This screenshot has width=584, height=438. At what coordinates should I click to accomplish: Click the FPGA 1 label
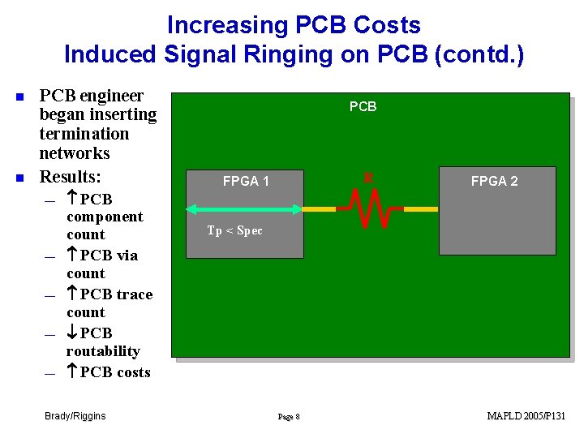click(246, 182)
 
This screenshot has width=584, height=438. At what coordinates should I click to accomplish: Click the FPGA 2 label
click(494, 182)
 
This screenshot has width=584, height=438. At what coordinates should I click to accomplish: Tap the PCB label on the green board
click(363, 106)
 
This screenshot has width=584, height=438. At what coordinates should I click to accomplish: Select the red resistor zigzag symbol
click(370, 208)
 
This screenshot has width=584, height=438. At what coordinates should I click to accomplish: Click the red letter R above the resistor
click(368, 177)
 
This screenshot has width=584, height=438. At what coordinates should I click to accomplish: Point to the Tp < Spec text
click(234, 231)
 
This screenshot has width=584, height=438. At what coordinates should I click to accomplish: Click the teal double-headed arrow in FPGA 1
click(243, 209)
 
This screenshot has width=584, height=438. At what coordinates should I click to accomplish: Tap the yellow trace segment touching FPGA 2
click(420, 209)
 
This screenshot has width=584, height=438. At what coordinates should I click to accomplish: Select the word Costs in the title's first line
click(385, 25)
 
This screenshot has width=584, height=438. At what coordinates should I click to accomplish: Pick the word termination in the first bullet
click(84, 134)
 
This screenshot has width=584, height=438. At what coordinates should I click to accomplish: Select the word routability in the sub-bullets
click(103, 351)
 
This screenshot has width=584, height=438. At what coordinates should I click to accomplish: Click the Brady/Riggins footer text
click(75, 416)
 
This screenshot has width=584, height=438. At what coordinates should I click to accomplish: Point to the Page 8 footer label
click(289, 417)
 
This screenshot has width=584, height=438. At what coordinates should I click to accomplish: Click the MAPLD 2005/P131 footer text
click(526, 416)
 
